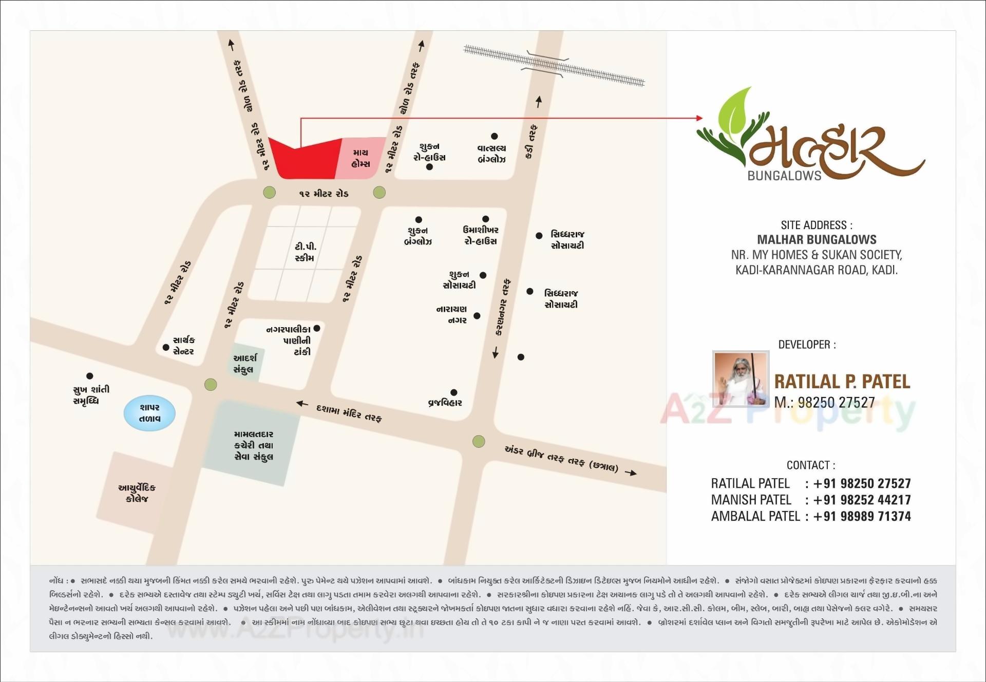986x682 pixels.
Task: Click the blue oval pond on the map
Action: [x=149, y=413]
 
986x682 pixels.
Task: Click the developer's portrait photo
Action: [x=741, y=379]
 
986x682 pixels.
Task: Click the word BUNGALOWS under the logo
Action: [x=784, y=176]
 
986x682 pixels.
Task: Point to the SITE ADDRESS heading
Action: [x=817, y=225]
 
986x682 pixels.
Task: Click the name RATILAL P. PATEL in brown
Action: [x=842, y=382]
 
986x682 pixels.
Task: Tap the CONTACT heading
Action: [x=811, y=465]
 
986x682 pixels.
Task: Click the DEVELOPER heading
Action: [x=807, y=345]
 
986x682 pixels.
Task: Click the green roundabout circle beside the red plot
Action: [x=269, y=193]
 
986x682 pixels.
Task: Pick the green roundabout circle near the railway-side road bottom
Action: [x=479, y=441]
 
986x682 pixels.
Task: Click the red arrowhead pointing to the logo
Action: [x=699, y=118]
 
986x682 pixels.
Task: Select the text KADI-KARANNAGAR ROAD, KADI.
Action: [x=817, y=270]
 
